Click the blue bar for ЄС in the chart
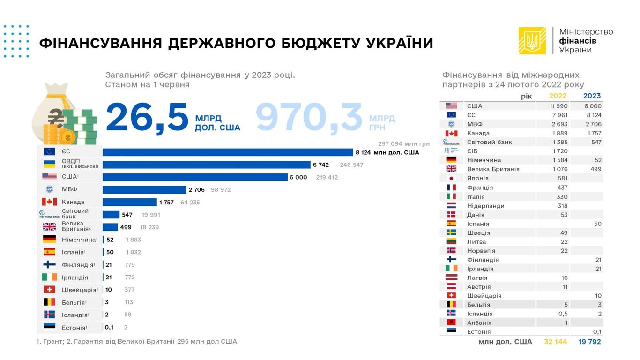[228, 152]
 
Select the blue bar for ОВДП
[206, 165]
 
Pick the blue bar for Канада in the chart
[130, 202]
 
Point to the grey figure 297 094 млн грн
[404, 143]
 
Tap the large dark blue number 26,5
[147, 118]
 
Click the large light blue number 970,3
[309, 118]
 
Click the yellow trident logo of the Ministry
[532, 41]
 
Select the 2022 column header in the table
[558, 96]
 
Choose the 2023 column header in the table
[592, 96]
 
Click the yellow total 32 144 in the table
[555, 342]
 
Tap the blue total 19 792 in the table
[589, 342]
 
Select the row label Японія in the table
[477, 178]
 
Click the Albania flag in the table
[451, 322]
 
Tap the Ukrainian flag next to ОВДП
[49, 164]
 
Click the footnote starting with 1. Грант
[136, 342]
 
